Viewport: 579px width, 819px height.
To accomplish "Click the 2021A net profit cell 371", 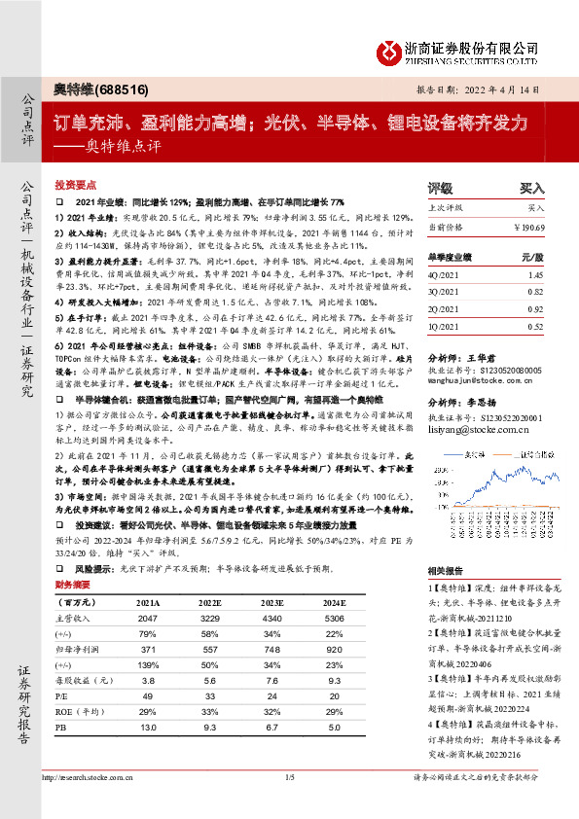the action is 147,648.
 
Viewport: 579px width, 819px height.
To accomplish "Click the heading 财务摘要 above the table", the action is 72,584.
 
